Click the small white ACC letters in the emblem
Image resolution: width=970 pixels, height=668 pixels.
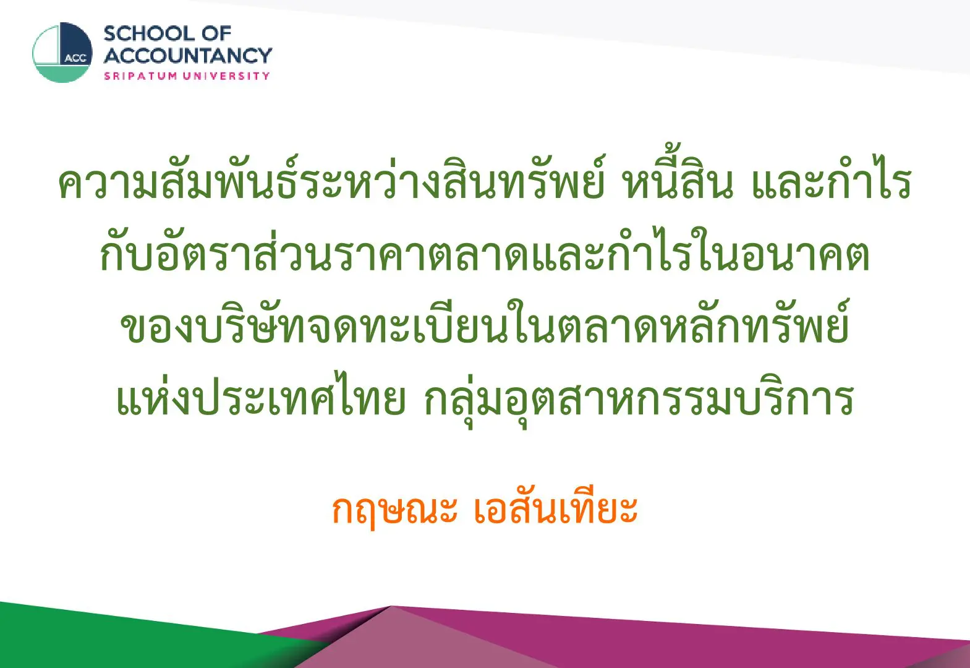76,58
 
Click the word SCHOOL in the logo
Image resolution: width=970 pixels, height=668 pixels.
150,34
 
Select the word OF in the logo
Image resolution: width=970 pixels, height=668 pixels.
216,34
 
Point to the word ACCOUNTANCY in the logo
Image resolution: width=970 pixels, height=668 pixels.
188,56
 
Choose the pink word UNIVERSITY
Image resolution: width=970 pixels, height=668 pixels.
226,76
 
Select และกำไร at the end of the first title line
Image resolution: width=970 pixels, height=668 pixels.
832,181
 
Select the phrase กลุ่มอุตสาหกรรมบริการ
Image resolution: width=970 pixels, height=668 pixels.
639,400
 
